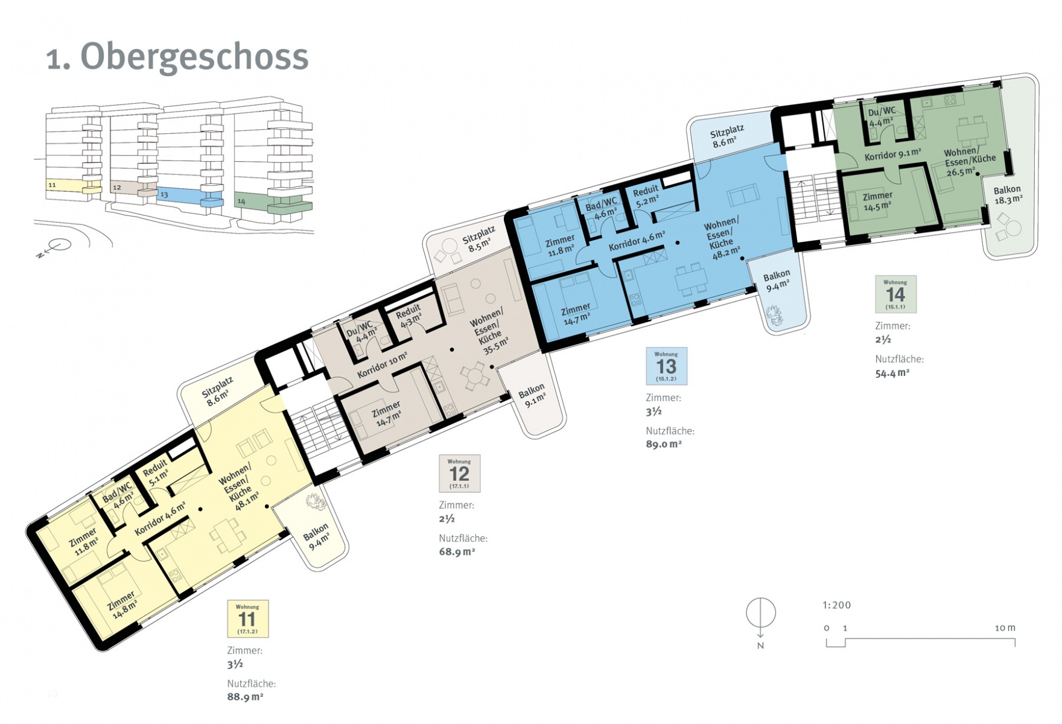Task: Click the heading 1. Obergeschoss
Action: pyautogui.click(x=177, y=58)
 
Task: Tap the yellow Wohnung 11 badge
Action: pyautogui.click(x=247, y=618)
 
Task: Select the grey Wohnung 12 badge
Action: pyautogui.click(x=459, y=474)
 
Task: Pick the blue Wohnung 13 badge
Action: pyautogui.click(x=666, y=366)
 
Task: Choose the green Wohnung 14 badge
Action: pyautogui.click(x=895, y=294)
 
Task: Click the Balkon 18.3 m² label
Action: pyautogui.click(x=1008, y=195)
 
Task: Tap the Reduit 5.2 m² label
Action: pyautogui.click(x=646, y=195)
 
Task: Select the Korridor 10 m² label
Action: pyautogui.click(x=382, y=365)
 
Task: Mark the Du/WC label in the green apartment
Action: pyautogui.click(x=882, y=112)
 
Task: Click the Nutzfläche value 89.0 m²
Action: pyautogui.click(x=664, y=444)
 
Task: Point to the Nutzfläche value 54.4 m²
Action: pyautogui.click(x=892, y=373)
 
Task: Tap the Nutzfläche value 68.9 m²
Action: pyautogui.click(x=457, y=551)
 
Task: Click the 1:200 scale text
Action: pyautogui.click(x=836, y=605)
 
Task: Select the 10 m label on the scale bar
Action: pyautogui.click(x=1005, y=628)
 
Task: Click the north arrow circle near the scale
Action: pyautogui.click(x=761, y=612)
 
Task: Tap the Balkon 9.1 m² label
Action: pyautogui.click(x=533, y=395)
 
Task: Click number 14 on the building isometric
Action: pyautogui.click(x=241, y=202)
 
